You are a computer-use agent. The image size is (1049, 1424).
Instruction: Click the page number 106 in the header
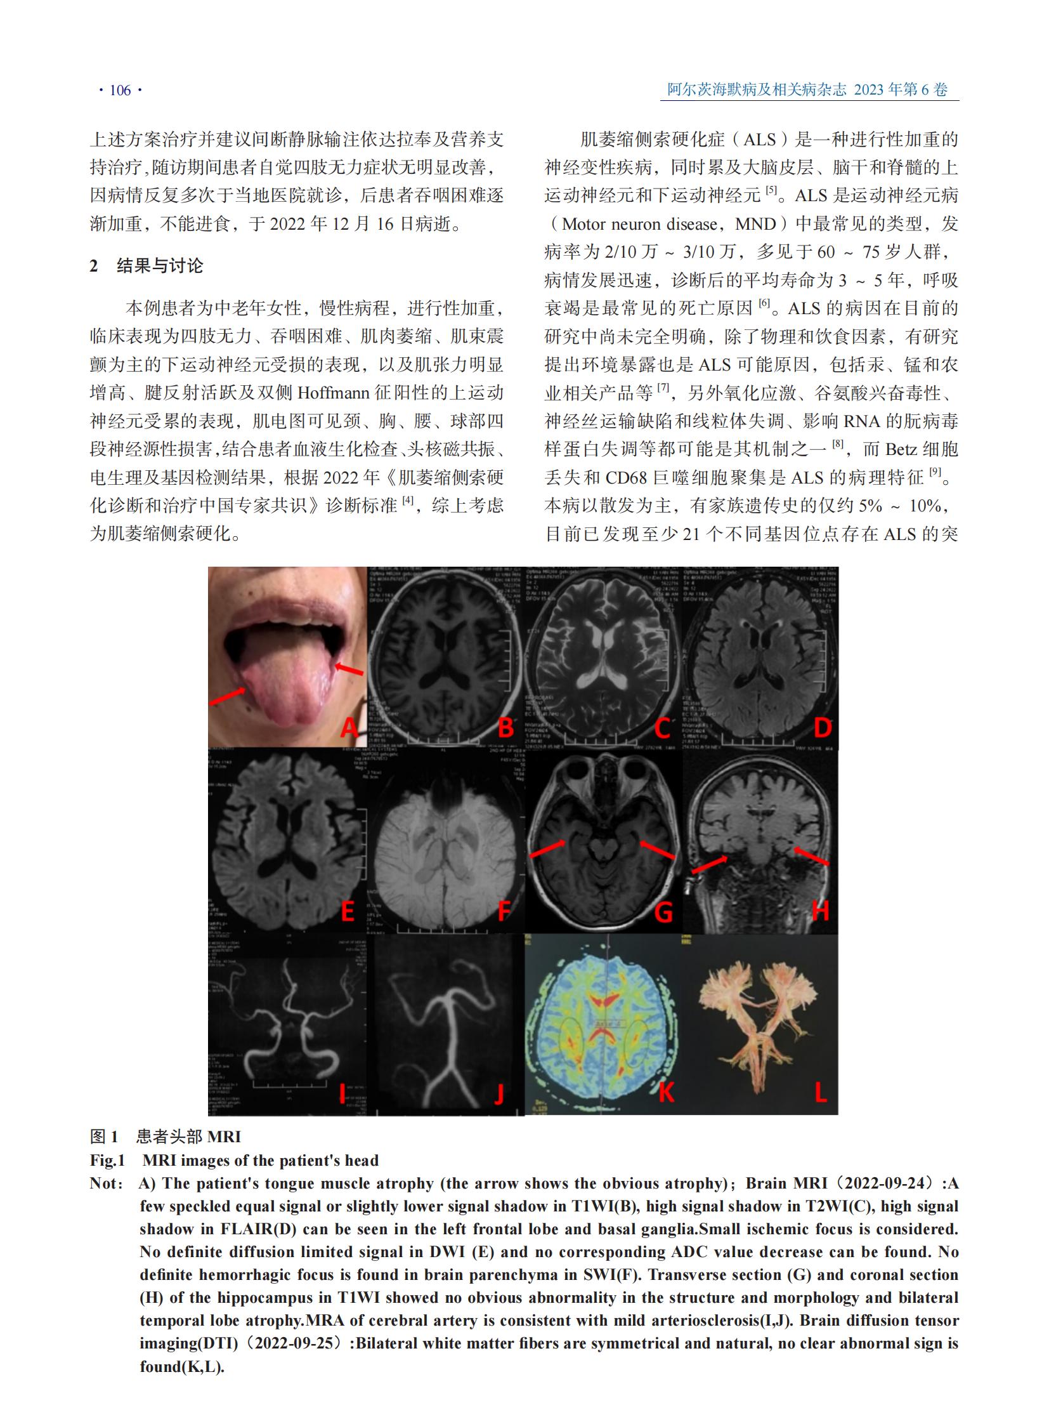point(120,90)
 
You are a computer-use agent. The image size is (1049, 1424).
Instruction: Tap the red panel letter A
point(349,727)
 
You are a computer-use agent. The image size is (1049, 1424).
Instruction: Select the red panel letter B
point(505,727)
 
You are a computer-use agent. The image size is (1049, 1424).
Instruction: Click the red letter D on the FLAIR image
point(823,727)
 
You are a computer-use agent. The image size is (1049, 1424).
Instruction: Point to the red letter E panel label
point(348,911)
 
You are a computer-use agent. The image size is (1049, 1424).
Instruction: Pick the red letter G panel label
point(663,913)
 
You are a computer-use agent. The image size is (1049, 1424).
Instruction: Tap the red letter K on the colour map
point(665,1092)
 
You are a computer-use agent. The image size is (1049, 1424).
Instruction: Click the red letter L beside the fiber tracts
point(821,1092)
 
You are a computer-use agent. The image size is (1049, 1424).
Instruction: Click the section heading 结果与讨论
point(160,266)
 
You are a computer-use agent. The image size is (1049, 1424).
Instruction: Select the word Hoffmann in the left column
point(334,393)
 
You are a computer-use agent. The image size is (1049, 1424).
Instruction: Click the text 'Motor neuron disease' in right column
point(640,224)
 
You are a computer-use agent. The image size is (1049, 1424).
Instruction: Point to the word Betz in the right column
point(901,449)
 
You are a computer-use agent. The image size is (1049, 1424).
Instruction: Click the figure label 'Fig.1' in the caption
point(107,1160)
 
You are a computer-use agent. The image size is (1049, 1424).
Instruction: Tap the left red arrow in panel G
point(547,848)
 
